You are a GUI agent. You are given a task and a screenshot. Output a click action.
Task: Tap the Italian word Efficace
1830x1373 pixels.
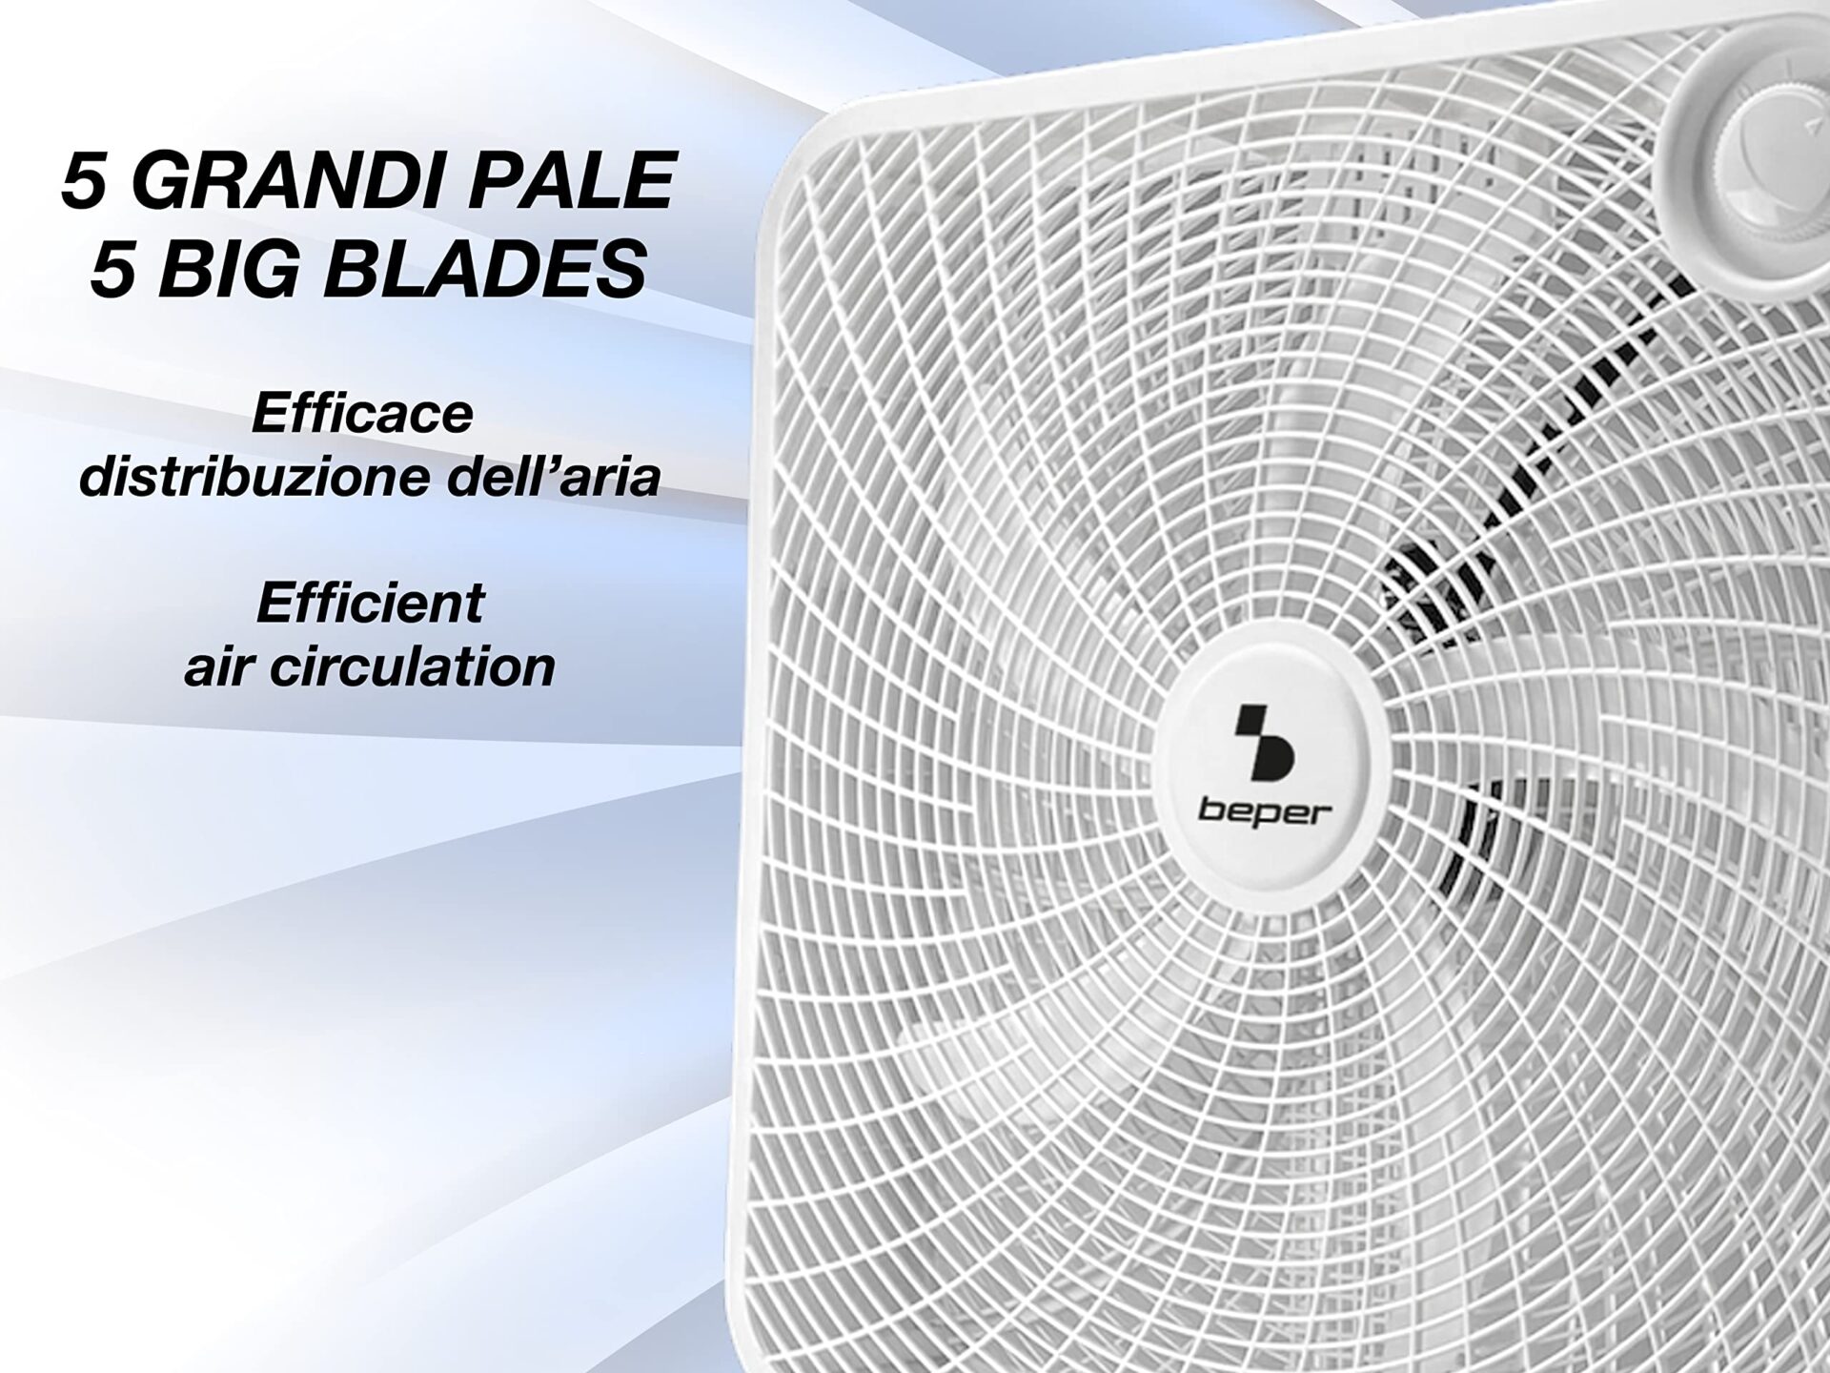[362, 414]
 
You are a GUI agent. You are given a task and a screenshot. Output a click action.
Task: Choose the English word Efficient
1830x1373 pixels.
[371, 604]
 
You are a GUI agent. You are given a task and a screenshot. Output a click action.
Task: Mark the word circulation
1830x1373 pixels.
[411, 666]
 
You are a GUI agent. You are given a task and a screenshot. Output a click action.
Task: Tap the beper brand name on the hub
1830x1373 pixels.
[1265, 813]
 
